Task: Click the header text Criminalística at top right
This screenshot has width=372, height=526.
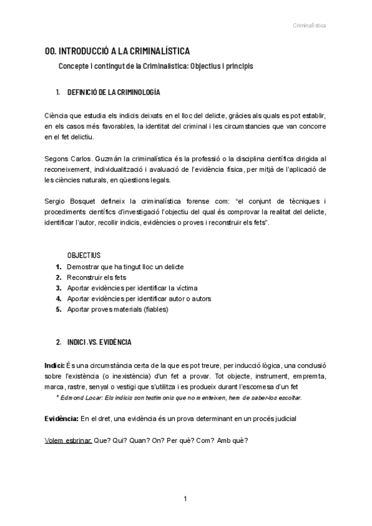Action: [309, 25]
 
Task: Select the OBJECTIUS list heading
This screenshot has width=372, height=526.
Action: [84, 256]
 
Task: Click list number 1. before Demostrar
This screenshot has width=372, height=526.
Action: [58, 267]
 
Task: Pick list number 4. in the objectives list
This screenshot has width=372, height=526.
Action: [58, 298]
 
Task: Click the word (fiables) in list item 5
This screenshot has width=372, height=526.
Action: [159, 309]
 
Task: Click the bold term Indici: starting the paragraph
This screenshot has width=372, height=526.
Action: [55, 365]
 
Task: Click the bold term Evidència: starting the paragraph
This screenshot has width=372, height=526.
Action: [61, 419]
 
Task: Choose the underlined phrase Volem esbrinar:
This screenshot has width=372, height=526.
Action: [69, 440]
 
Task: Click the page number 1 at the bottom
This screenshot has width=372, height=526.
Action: [185, 499]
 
